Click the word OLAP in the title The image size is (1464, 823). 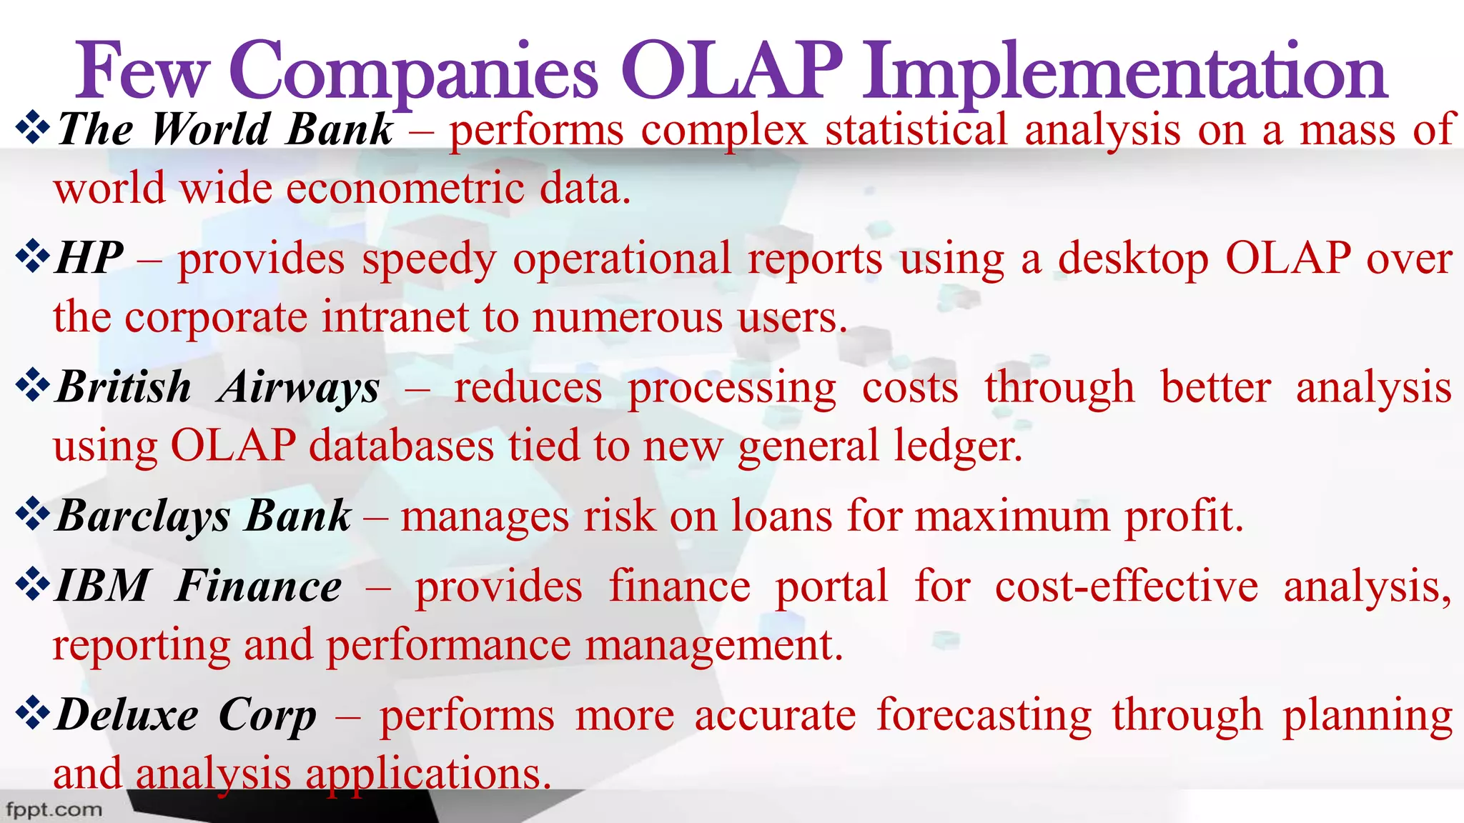[732, 71]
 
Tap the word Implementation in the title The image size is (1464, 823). [1124, 71]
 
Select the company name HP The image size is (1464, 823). [89, 259]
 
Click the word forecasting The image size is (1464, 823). [984, 715]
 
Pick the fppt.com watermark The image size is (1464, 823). [54, 810]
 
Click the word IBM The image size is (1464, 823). [101, 587]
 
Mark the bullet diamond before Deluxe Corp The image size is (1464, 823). [33, 714]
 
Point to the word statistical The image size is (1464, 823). [916, 130]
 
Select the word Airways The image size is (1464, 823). [299, 388]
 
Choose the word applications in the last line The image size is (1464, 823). [427, 774]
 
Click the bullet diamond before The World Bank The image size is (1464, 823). [33, 129]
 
